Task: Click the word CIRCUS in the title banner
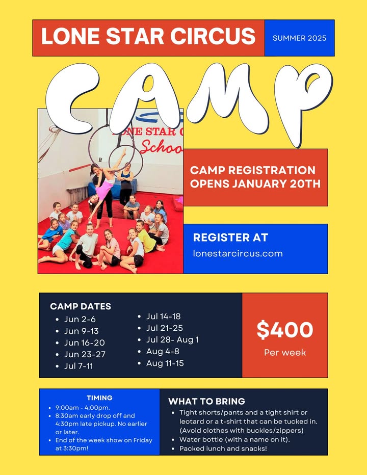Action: (213, 36)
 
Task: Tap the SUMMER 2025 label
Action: (299, 38)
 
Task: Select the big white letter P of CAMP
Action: (303, 103)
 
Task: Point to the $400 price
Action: (285, 330)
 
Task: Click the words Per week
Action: (285, 352)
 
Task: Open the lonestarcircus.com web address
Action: (238, 253)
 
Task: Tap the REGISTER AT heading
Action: (230, 237)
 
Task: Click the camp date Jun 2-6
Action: (80, 319)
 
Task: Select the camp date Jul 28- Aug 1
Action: (172, 339)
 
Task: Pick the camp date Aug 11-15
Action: (165, 363)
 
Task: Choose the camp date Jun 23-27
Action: (85, 354)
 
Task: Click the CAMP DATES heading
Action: (81, 306)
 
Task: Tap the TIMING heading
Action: (99, 398)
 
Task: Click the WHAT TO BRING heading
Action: (206, 401)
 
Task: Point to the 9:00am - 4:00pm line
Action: (83, 407)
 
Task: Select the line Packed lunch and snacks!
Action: (223, 448)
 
